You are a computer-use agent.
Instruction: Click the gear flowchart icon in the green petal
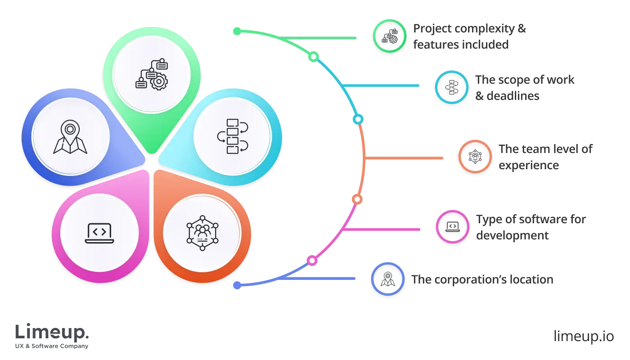pos(152,75)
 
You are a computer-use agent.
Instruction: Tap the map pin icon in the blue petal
pos(70,137)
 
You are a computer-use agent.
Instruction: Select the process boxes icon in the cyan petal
pos(232,136)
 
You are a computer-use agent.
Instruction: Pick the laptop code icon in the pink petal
pos(99,233)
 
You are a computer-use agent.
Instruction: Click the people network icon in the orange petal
pos(202,233)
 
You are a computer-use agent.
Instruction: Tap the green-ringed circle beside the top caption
pos(390,36)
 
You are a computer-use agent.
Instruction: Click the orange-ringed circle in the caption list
pos(475,157)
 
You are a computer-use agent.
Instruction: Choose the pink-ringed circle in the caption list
pos(452,227)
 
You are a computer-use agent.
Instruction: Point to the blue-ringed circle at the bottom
pos(388,279)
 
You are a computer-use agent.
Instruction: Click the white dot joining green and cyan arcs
pos(314,57)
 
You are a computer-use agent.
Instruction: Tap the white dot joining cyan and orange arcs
pos(358,119)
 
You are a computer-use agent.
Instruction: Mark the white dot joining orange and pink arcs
pos(356,199)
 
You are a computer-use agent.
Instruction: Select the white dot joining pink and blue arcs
pos(312,260)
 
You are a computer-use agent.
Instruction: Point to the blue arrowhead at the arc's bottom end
pos(236,284)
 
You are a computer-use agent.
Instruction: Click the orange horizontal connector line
pos(405,158)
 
